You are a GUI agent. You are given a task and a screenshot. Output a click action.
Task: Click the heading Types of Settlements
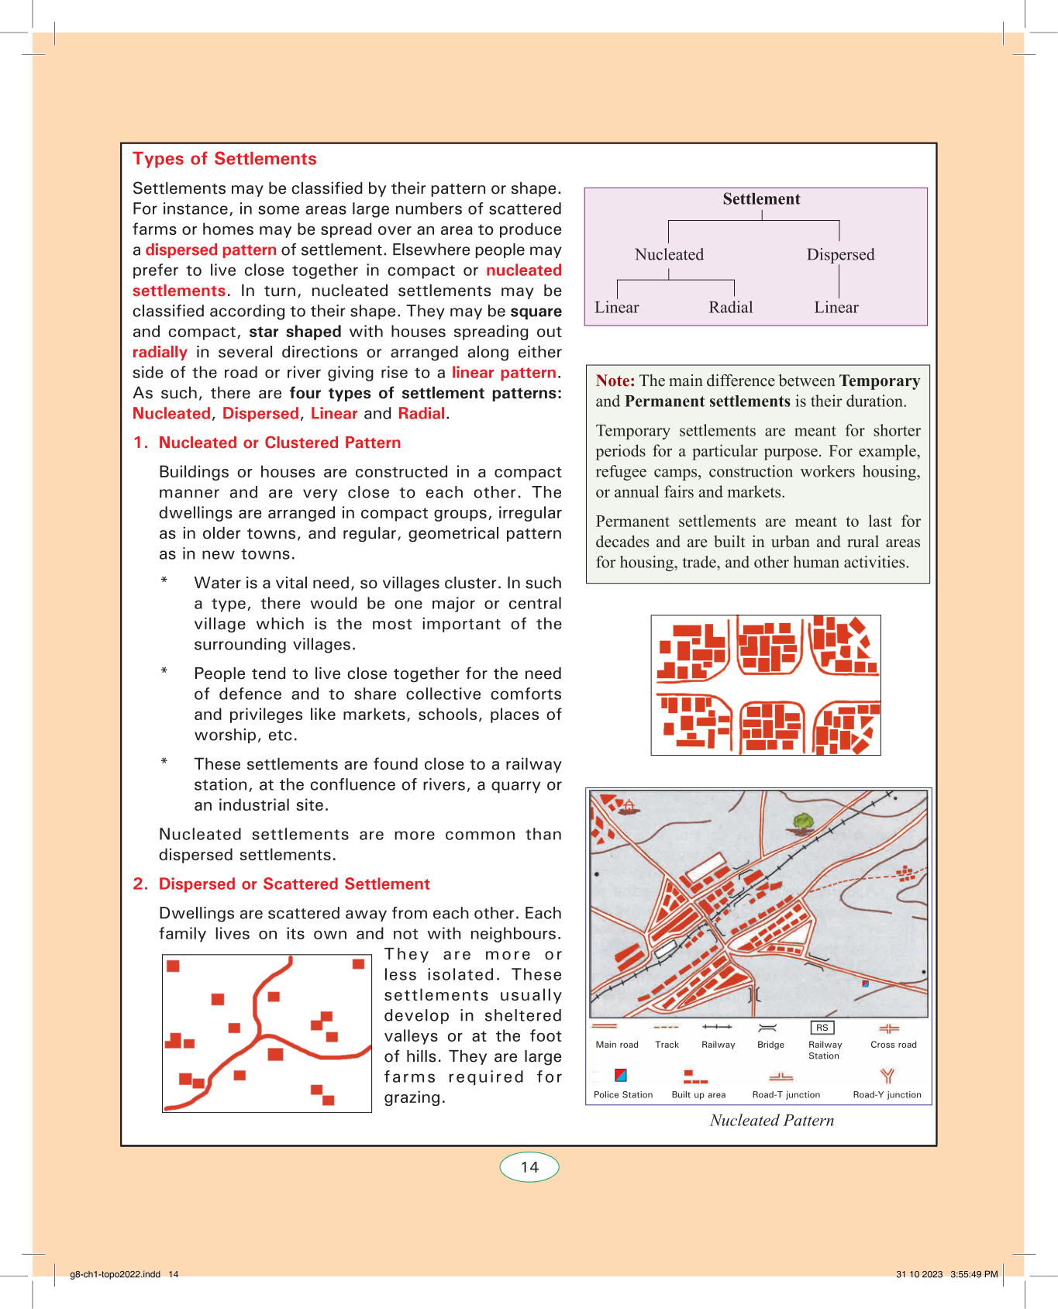point(224,159)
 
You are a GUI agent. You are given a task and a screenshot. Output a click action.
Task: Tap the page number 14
point(529,1167)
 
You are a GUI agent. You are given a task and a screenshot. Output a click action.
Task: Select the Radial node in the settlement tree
point(730,308)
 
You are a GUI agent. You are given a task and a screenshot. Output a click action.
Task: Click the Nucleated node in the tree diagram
point(669,255)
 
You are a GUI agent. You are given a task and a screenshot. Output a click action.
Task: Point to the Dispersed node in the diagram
point(840,255)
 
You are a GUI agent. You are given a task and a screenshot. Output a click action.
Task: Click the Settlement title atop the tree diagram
point(761,199)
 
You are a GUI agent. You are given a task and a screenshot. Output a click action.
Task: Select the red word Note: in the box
point(615,381)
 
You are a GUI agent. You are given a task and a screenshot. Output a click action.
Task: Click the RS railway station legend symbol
point(822,1028)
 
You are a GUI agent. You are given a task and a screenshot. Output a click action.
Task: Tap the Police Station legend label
point(623,1095)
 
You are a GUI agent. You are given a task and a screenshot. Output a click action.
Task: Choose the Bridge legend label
point(770,1045)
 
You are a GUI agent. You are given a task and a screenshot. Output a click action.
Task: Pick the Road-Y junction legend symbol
point(887,1076)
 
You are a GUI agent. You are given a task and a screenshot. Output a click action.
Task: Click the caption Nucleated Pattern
point(772,1121)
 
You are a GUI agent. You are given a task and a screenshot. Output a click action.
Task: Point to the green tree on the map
point(804,821)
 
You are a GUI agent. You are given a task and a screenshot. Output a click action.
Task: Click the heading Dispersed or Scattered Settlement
point(294,884)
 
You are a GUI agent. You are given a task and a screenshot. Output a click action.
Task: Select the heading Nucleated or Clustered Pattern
point(280,443)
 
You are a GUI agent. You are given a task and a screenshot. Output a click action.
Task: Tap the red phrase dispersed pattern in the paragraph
point(211,250)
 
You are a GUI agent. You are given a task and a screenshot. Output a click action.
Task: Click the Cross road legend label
point(893,1045)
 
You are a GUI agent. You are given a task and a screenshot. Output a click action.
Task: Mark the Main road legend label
point(617,1045)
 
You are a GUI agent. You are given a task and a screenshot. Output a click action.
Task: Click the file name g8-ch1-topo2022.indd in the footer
point(115,1274)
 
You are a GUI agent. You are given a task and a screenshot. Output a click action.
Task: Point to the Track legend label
point(667,1045)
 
